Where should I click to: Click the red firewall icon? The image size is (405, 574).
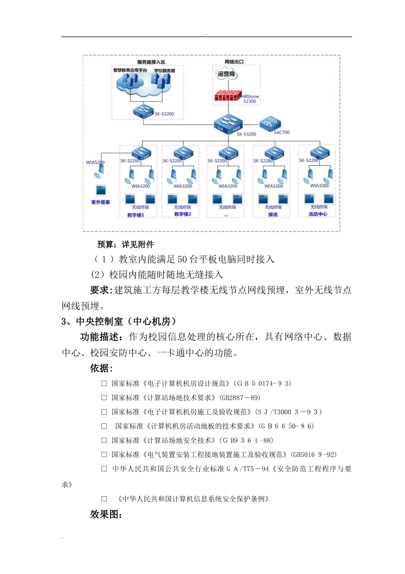pyautogui.click(x=228, y=96)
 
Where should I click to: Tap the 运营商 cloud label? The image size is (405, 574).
pyautogui.click(x=226, y=74)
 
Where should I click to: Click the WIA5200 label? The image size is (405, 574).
pyautogui.click(x=95, y=162)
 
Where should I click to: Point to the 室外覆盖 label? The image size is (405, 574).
pyautogui.click(x=100, y=202)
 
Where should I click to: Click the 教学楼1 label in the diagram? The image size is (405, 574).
pyautogui.click(x=136, y=215)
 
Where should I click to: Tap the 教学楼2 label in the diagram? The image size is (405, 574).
pyautogui.click(x=182, y=214)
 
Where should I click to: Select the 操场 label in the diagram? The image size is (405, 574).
pyautogui.click(x=273, y=214)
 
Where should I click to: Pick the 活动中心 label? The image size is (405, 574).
pyautogui.click(x=318, y=214)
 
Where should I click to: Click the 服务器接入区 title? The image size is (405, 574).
pyautogui.click(x=151, y=62)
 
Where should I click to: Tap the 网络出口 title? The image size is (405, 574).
pyautogui.click(x=234, y=62)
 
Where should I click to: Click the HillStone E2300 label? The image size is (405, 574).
pyautogui.click(x=250, y=99)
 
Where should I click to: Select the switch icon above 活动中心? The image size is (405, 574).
pyautogui.click(x=319, y=152)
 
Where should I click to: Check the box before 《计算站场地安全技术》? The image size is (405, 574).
pyautogui.click(x=104, y=440)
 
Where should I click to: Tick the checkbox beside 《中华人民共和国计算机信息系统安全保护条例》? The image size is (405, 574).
pyautogui.click(x=104, y=499)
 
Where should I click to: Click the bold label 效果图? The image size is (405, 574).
pyautogui.click(x=106, y=514)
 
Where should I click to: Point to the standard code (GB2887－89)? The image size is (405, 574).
pyautogui.click(x=240, y=398)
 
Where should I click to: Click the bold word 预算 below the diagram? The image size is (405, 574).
pyautogui.click(x=105, y=244)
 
